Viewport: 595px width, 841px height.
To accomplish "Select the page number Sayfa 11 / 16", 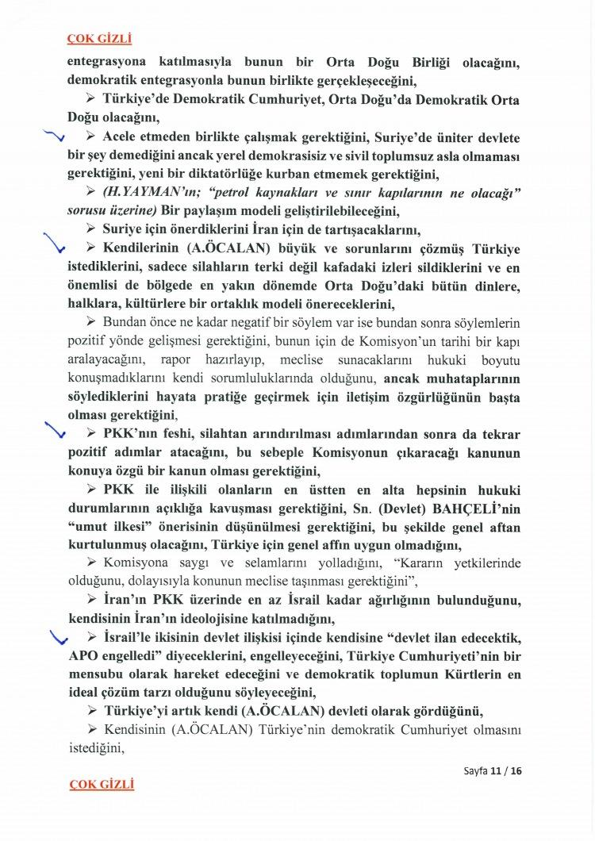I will [493, 770].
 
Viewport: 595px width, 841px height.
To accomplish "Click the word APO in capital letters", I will [82, 657].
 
